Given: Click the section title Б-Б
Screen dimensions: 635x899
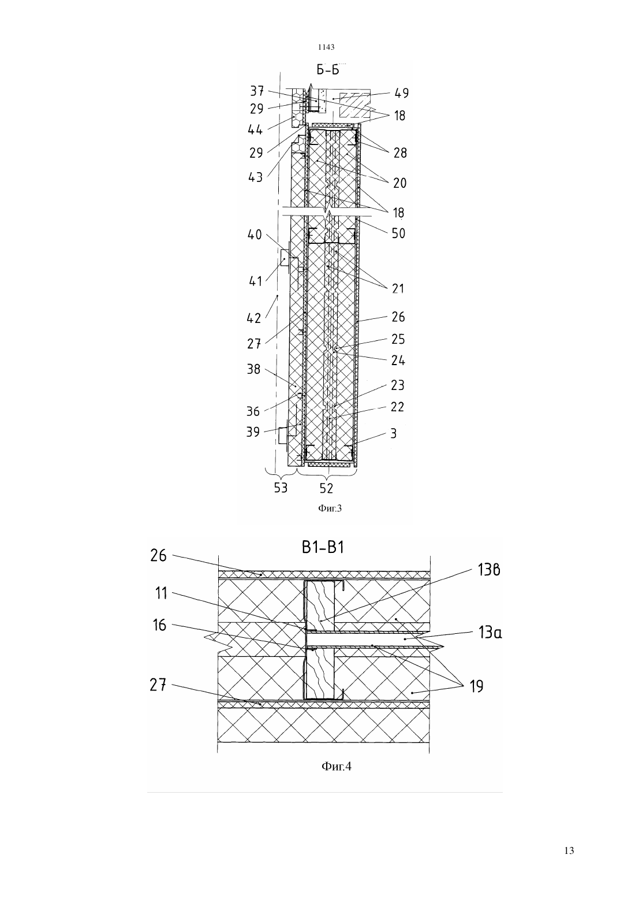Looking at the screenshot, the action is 328,70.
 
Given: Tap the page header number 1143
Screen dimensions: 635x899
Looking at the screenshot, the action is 326,47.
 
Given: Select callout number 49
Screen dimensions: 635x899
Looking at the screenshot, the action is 402,93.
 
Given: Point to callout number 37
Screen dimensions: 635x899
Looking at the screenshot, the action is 257,91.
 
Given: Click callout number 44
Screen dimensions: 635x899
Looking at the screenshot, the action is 255,129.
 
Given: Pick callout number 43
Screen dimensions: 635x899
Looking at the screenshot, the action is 255,177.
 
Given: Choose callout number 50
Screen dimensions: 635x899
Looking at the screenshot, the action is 398,233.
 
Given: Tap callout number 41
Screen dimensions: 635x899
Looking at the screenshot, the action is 255,281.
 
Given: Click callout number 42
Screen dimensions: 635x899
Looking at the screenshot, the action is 254,318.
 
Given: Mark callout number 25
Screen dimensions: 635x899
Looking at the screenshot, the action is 398,339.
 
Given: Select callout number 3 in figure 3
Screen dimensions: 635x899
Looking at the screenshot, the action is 394,433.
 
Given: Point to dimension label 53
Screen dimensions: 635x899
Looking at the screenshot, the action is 281,487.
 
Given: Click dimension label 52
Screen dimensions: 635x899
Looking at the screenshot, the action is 327,488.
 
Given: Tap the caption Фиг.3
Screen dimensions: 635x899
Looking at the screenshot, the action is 330,508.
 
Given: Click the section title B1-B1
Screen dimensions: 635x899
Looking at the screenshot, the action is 323,548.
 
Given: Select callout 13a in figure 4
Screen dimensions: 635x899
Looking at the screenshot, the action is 490,633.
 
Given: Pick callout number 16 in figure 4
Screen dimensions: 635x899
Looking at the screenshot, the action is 159,625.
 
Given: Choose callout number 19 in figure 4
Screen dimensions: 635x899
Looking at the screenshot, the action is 477,686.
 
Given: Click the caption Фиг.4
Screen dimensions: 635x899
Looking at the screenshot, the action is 337,766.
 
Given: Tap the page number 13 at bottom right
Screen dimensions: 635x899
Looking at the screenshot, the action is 569,851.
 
